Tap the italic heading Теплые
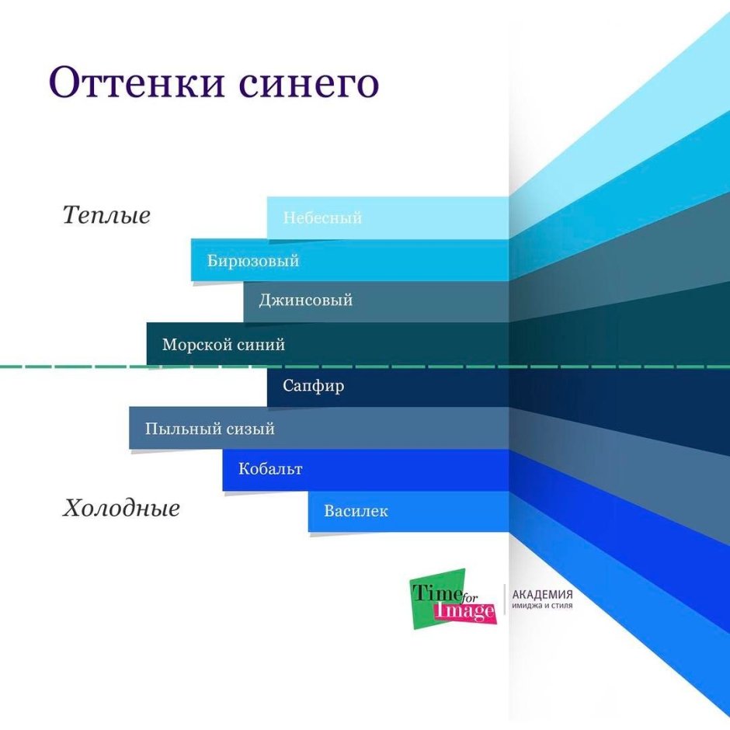106,215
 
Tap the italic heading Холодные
121,509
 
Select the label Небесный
322,218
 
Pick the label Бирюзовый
253,261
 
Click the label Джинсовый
305,301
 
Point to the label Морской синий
224,345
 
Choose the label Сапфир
314,386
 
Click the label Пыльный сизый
210,429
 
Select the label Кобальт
270,469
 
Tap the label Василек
356,512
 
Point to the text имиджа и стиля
542,606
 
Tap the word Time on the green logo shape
432,592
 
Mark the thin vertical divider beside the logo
504,600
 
